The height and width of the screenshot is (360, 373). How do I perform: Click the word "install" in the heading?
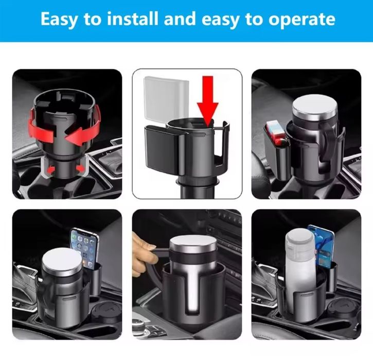tap(133, 19)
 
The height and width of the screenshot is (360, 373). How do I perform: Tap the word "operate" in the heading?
tap(301, 20)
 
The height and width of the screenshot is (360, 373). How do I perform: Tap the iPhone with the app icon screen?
tap(85, 248)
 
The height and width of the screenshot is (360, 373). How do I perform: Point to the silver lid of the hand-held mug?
tap(193, 246)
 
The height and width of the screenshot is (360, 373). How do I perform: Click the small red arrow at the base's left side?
tap(50, 170)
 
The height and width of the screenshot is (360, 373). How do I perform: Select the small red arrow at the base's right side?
tap(80, 168)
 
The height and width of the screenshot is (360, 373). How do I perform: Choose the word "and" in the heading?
tap(180, 19)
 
